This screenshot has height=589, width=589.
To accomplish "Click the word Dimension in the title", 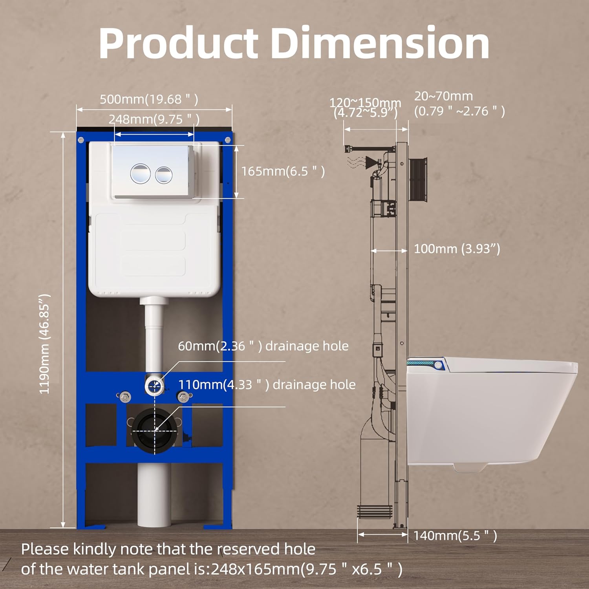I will coord(380,43).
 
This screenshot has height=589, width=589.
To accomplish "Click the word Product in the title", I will coord(178,43).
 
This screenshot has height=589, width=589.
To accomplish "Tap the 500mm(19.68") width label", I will coord(149,99).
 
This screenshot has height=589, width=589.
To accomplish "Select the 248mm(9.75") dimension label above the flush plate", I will coord(154,119).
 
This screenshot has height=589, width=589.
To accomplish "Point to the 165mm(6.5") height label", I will coord(283,171).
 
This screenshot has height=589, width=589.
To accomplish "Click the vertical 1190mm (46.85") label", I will coord(45,344).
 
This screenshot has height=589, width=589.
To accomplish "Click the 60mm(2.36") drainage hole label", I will coord(263,346).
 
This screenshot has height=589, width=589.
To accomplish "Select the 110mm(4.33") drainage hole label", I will coord(267,384).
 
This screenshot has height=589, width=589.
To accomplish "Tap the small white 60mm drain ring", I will coord(154,385).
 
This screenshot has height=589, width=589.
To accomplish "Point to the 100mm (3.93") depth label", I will coord(457,249).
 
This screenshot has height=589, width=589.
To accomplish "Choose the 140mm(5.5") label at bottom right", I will coord(455,535).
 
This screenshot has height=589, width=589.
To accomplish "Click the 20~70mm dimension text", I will coord(443,96).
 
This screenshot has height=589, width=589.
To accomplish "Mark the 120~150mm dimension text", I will coord(365,103).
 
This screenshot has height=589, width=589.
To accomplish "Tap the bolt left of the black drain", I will coord(124,397).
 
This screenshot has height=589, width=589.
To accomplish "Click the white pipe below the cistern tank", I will coord(154,334).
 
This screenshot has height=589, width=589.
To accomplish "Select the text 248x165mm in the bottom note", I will coord(255,569).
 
